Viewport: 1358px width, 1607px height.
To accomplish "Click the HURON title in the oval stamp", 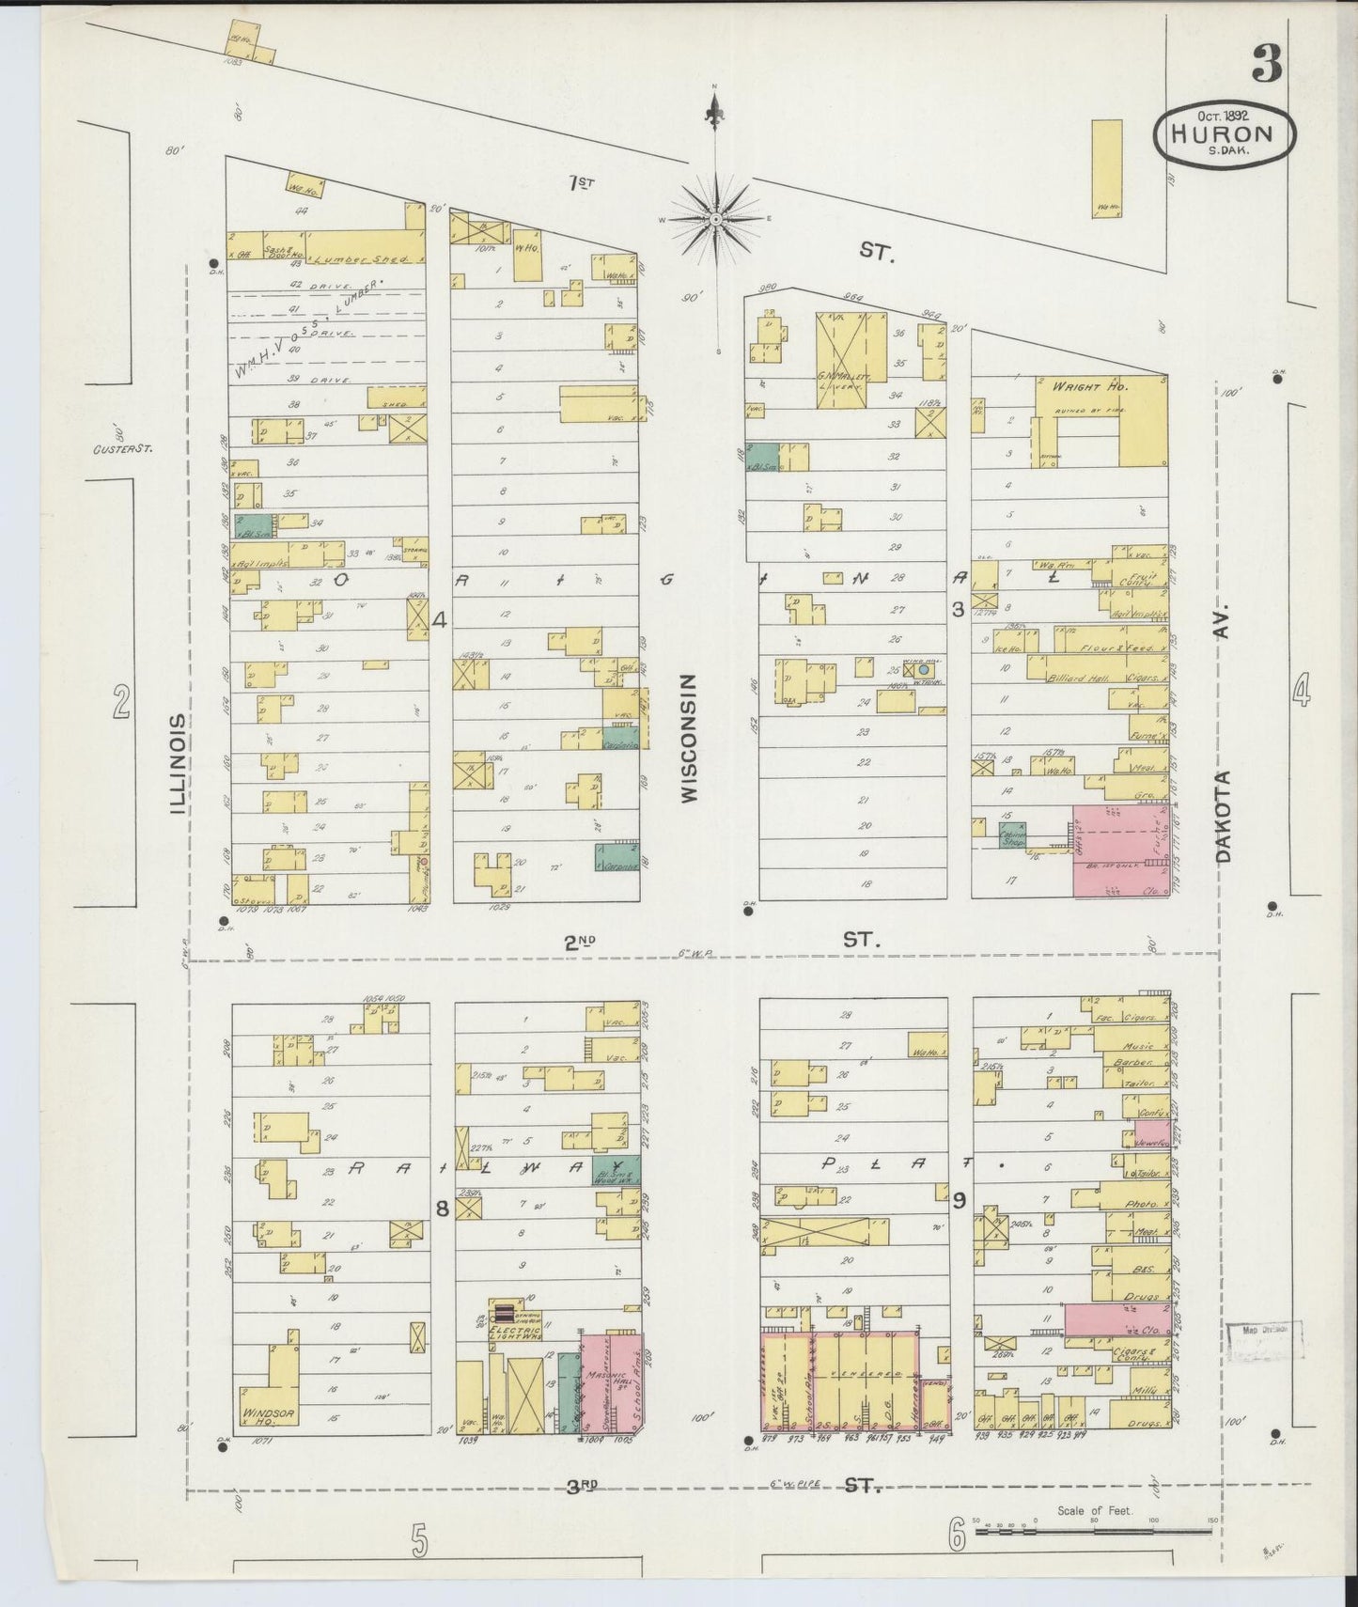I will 1223,133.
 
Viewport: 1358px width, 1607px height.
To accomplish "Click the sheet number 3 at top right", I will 1267,64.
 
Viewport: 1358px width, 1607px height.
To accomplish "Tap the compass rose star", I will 716,219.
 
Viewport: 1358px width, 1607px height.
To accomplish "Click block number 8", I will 441,1209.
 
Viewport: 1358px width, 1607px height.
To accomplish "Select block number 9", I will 959,1199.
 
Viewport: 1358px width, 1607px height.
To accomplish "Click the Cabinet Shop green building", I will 1013,835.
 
